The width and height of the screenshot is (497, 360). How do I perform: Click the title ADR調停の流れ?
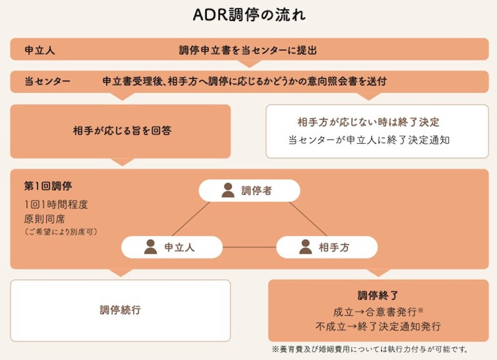[x=249, y=15]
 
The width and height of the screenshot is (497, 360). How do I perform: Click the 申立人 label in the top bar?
[x=40, y=50]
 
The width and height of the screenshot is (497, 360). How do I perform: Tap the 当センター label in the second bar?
[x=47, y=82]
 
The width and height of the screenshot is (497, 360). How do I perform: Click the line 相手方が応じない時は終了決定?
[x=368, y=122]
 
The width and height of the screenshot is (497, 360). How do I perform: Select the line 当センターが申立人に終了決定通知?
[x=369, y=140]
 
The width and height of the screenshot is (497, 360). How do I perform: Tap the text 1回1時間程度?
[x=56, y=205]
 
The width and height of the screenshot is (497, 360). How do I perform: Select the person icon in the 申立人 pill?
[x=151, y=247]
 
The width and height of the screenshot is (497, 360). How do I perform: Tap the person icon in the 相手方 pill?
[x=306, y=247]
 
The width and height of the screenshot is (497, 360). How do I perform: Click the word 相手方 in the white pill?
[x=334, y=247]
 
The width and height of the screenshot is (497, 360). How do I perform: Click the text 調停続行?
[x=120, y=310]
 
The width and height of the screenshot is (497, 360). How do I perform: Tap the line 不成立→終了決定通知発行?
[x=378, y=327]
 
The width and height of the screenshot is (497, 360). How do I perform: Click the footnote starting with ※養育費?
[x=369, y=349]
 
